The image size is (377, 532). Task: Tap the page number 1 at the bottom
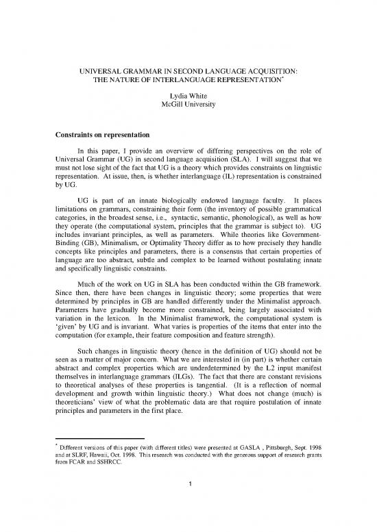(x=188, y=507)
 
